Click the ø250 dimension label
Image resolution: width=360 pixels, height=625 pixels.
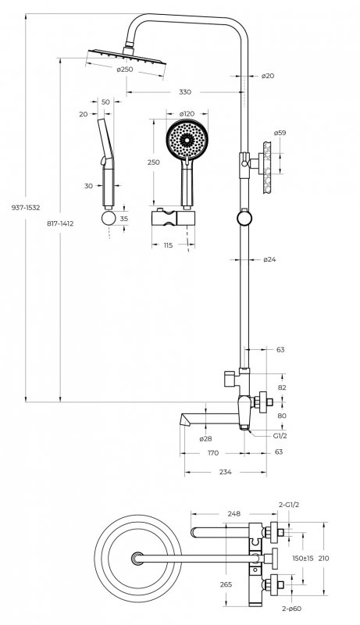(x=125, y=70)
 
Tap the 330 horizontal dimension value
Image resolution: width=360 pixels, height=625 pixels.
(x=185, y=92)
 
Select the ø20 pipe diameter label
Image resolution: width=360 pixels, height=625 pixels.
(x=268, y=76)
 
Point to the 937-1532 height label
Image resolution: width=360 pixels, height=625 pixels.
(x=26, y=208)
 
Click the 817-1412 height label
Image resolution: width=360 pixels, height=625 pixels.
(x=60, y=223)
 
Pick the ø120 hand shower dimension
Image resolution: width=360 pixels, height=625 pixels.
(x=187, y=114)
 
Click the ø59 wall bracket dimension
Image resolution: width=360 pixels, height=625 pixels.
(x=280, y=133)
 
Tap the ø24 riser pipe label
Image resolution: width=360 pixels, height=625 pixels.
(x=269, y=259)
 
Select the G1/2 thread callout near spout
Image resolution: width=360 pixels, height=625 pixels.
(x=280, y=436)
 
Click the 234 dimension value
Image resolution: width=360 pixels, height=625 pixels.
(x=225, y=472)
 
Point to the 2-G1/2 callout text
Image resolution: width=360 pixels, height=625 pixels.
(x=289, y=505)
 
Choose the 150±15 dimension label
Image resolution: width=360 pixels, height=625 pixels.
(x=303, y=559)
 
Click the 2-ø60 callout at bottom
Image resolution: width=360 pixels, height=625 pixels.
(x=291, y=609)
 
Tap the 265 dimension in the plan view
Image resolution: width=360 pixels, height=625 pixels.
(x=226, y=584)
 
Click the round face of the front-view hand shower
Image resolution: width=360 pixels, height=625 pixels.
(x=187, y=140)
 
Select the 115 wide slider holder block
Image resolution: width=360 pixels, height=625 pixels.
(x=173, y=218)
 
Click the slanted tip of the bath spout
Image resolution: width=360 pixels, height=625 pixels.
(x=184, y=420)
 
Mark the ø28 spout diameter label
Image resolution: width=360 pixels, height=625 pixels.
(x=205, y=439)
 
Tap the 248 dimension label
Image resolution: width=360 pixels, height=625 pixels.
(x=234, y=514)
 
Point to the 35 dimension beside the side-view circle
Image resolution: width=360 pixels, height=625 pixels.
(x=124, y=219)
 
